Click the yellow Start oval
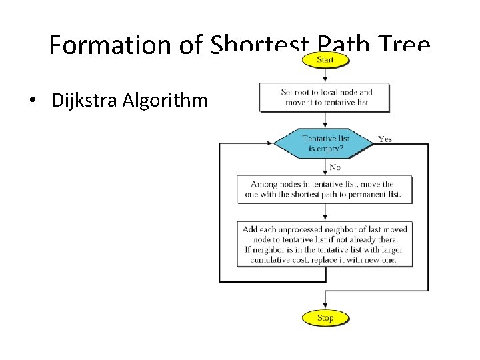pyautogui.click(x=325, y=60)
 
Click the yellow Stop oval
pyautogui.click(x=325, y=317)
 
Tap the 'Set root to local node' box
pyautogui.click(x=325, y=97)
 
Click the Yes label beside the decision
pyautogui.click(x=385, y=139)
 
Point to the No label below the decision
pyautogui.click(x=335, y=167)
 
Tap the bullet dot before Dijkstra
pyautogui.click(x=32, y=102)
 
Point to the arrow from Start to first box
pyautogui.click(x=325, y=75)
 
